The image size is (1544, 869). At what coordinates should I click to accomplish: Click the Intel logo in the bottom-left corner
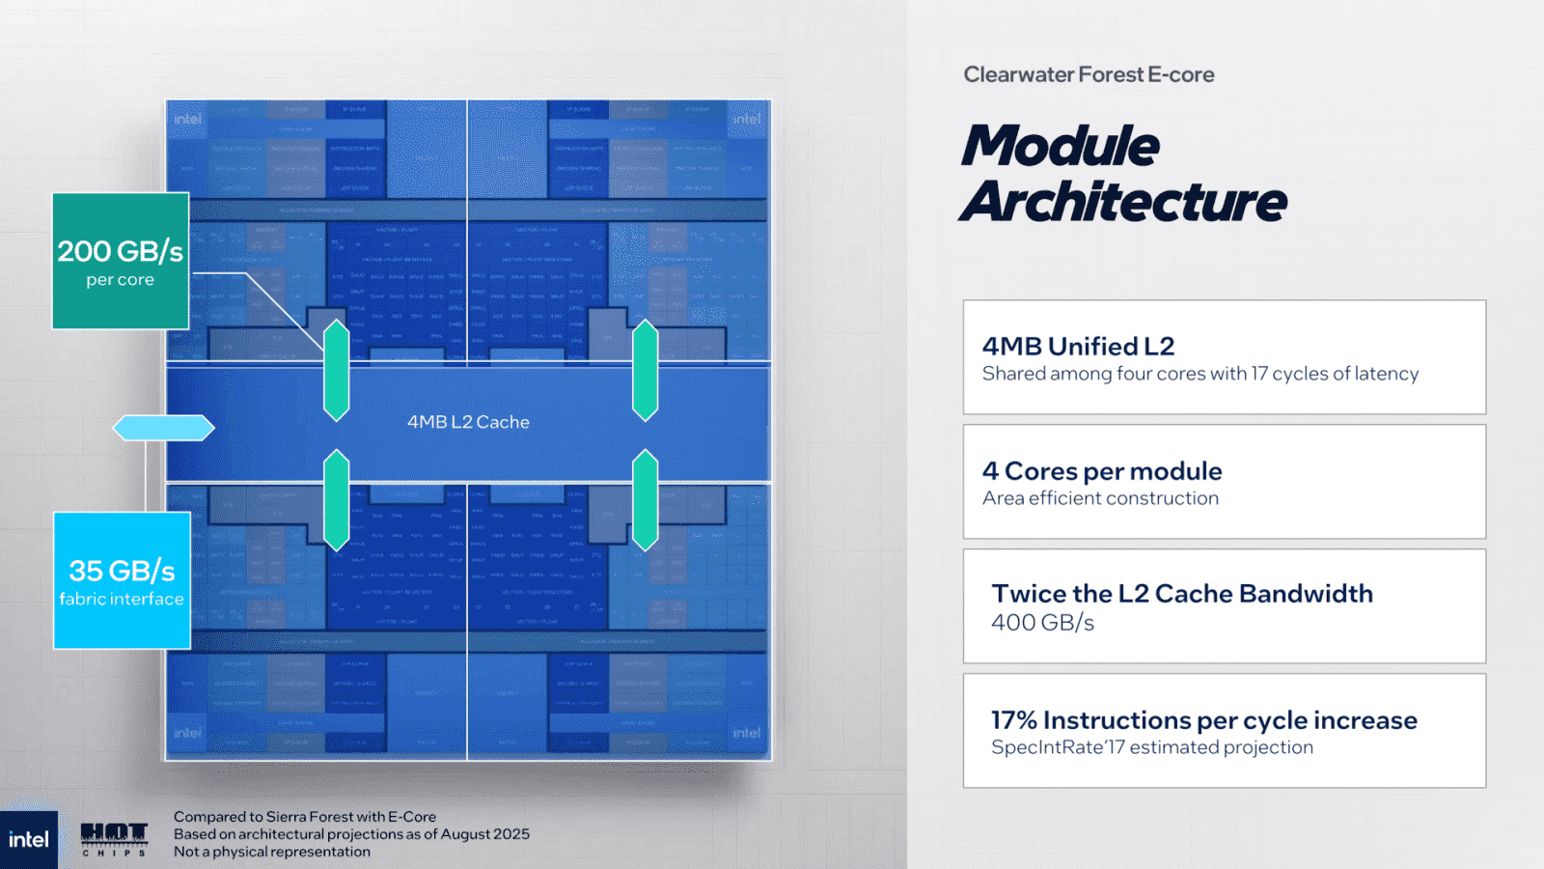point(28,840)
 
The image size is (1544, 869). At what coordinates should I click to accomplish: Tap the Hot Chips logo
point(114,838)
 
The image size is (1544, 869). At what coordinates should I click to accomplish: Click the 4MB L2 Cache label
point(468,422)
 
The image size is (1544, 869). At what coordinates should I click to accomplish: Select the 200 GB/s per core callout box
point(121,261)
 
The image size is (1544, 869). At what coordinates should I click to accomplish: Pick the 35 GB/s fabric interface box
point(122,580)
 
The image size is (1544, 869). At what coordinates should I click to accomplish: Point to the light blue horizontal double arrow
point(163,428)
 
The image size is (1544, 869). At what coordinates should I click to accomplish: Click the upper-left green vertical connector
point(336,371)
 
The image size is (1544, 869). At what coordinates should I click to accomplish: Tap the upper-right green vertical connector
point(645,371)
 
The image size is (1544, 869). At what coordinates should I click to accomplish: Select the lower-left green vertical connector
point(336,500)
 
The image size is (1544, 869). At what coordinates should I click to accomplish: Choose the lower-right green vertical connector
point(645,500)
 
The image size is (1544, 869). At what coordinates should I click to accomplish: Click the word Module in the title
point(1061,147)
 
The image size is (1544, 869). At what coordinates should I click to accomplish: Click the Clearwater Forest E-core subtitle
point(1089,74)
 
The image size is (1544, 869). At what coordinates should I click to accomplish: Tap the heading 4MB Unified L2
point(1078,346)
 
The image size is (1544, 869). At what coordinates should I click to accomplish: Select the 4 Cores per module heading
point(1102,471)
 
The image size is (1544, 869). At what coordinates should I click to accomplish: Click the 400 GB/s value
point(1042,623)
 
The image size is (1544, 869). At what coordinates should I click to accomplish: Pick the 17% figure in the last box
point(1013,720)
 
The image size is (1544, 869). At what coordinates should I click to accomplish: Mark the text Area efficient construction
point(1100,498)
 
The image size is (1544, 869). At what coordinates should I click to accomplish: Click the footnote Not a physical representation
point(272,852)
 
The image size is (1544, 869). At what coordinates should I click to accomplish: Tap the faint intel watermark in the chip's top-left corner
point(188,120)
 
